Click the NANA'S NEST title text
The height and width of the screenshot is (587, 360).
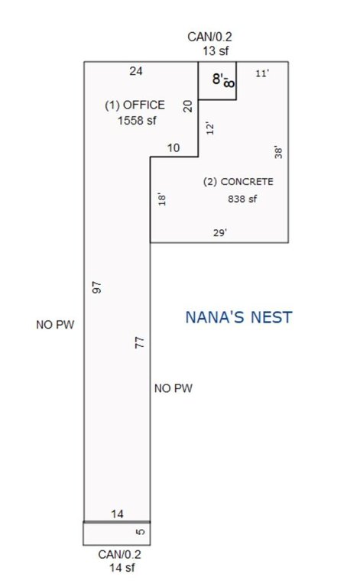point(238,317)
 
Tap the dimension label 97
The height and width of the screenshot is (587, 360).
point(97,287)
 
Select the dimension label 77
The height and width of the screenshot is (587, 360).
point(139,342)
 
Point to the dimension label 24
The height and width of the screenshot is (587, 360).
point(136,71)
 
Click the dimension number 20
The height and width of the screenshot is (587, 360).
point(188,106)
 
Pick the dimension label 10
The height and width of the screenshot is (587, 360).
point(174,148)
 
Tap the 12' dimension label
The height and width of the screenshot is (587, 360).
point(210,128)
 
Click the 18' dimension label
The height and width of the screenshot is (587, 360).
point(162,199)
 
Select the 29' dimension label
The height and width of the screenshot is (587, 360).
point(220,233)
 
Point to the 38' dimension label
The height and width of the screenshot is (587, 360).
point(278,152)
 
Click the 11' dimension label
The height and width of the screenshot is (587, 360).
point(262,73)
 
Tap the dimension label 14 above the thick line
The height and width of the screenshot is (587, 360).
point(117,514)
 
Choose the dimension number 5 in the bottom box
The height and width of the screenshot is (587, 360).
point(141,532)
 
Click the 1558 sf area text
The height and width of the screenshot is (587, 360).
point(137,121)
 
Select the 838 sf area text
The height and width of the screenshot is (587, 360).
point(242,199)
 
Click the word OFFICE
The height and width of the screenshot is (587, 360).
point(144,105)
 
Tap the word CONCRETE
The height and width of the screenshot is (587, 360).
point(247,182)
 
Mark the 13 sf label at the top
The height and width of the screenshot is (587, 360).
point(216,51)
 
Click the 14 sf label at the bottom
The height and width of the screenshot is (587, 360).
point(122,568)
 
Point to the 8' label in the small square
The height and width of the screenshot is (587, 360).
point(218,79)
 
